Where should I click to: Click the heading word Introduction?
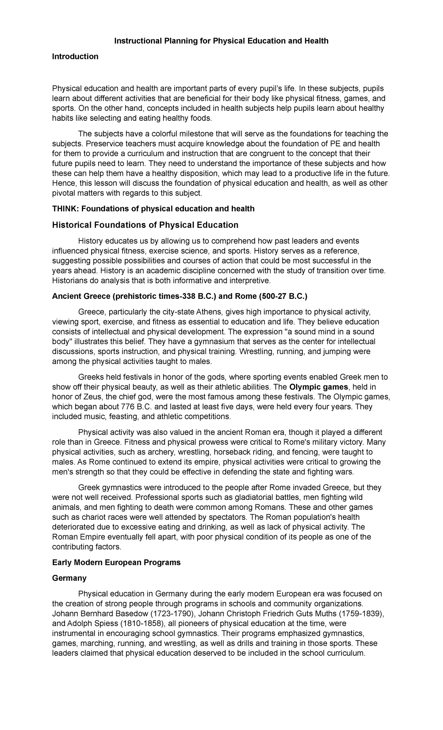75,57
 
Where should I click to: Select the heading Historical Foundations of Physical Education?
145,225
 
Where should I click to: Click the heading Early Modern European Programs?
116,563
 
